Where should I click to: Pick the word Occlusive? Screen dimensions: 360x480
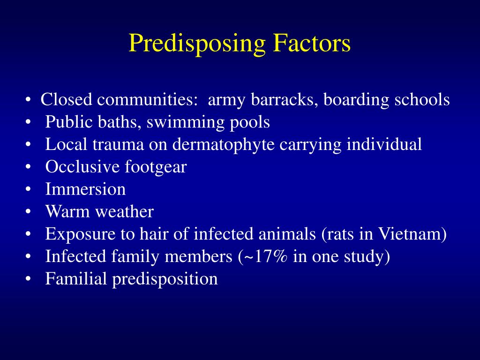(82, 167)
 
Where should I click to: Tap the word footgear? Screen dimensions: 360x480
(156, 167)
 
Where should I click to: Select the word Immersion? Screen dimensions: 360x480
(85, 189)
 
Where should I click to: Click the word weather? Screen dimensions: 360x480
(125, 212)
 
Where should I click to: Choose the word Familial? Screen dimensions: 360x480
(76, 279)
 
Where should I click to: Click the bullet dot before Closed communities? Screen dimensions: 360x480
(30, 100)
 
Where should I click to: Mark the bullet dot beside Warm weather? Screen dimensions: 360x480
(30, 212)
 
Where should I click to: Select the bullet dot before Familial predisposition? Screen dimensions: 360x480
(30, 279)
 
